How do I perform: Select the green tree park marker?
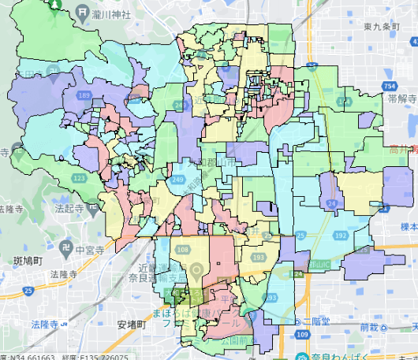56,3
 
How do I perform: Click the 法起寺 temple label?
70,231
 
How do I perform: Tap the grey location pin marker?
196,275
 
